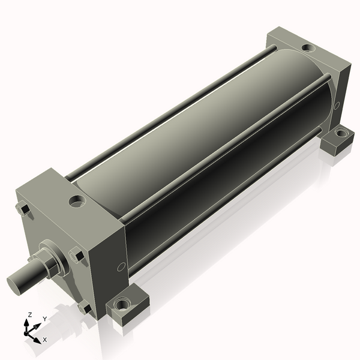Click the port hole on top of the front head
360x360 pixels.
click(77, 200)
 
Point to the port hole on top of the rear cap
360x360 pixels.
click(308, 47)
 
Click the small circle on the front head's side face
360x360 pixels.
click(121, 267)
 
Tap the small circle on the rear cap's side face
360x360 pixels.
click(337, 106)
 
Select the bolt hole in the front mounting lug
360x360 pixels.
click(121, 305)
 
